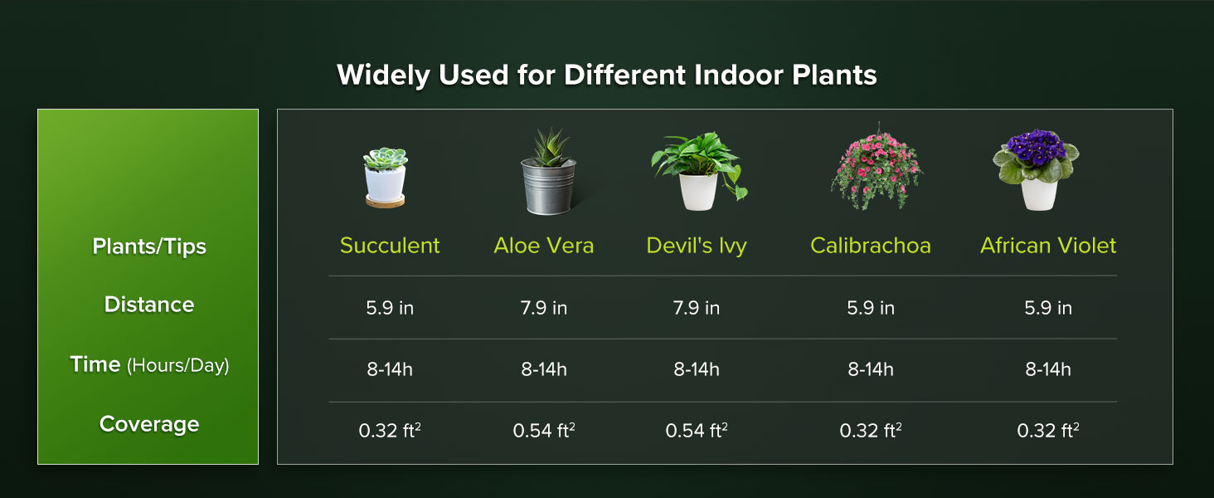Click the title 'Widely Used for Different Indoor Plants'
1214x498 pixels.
[x=606, y=76]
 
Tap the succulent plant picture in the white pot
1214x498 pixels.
[x=386, y=177]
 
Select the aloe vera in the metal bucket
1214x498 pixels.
[x=546, y=173]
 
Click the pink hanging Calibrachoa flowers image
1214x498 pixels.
[x=870, y=167]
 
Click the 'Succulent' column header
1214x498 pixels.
[x=390, y=246]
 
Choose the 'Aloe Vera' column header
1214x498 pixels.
[x=544, y=246]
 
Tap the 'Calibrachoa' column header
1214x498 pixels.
[x=870, y=246]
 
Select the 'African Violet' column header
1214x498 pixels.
[x=1048, y=246]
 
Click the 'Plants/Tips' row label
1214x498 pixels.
[x=149, y=247]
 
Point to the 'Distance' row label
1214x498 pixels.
[x=149, y=305]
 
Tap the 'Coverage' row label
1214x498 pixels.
[x=149, y=424]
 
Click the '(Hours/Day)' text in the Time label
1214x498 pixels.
[x=177, y=365]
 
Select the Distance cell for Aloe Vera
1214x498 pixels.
[x=544, y=308]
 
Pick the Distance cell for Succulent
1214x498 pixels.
[x=390, y=308]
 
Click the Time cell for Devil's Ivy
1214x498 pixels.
[x=697, y=369]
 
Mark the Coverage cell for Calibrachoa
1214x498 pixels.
[x=870, y=431]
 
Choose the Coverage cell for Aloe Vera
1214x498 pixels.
[x=544, y=431]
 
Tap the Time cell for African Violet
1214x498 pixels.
[x=1048, y=369]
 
